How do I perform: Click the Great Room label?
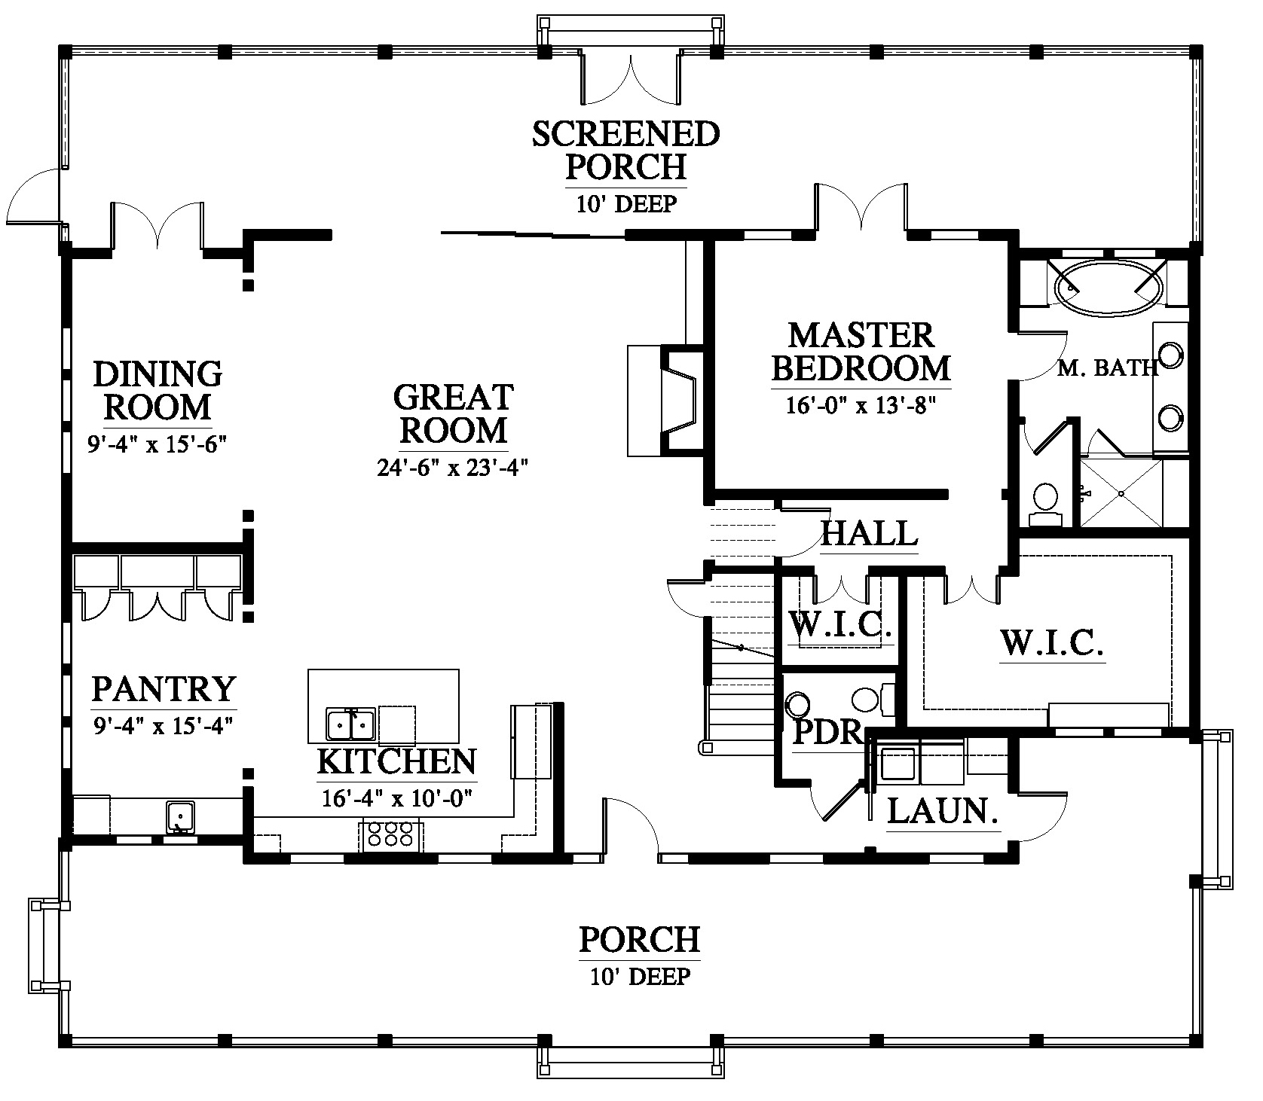pos(454,413)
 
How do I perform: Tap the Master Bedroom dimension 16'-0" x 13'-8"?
pos(861,406)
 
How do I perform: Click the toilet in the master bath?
pos(1045,504)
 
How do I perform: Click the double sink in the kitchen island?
pos(351,724)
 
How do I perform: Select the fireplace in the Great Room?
pos(665,401)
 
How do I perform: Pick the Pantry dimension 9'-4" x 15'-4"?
pos(162,726)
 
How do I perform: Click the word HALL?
pos(869,534)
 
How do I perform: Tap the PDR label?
pos(827,732)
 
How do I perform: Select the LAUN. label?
pos(943,811)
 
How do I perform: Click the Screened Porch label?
pos(626,150)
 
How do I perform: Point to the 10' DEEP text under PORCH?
pos(641,977)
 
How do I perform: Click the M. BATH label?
pos(1107,368)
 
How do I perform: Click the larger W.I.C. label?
pos(1052,643)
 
